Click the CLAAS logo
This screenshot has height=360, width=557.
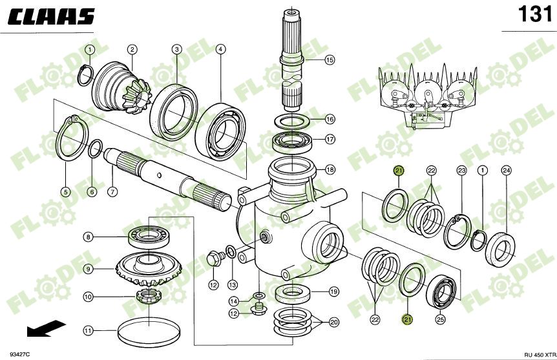(52, 17)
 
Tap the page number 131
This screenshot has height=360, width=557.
(534, 14)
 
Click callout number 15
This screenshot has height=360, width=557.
(330, 60)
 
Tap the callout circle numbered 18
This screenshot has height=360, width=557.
(330, 170)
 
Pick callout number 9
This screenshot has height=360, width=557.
(88, 268)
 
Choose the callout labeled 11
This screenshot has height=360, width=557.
(88, 330)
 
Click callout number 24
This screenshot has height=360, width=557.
(507, 170)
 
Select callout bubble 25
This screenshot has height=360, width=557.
(440, 319)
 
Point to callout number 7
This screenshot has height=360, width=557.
(112, 191)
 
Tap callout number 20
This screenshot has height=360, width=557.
(334, 322)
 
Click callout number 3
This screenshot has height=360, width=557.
(176, 49)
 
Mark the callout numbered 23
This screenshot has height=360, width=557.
(461, 170)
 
